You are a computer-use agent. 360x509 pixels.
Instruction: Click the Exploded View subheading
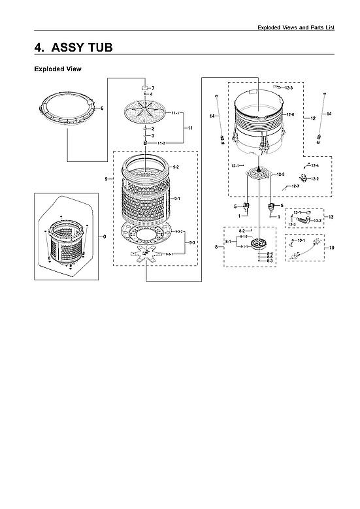57,69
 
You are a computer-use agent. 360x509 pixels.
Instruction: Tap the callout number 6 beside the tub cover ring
102,108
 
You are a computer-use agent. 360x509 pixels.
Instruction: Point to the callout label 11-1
176,114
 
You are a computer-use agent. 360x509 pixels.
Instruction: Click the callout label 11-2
161,142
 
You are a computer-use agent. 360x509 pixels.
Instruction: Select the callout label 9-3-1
169,253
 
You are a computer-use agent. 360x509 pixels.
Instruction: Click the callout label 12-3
288,88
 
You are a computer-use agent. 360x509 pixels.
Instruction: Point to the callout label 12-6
290,115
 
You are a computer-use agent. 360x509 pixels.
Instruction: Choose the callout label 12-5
280,174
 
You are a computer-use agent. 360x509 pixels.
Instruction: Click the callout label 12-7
295,188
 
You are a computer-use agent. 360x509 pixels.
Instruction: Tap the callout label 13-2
318,221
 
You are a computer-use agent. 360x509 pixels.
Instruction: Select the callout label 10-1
303,241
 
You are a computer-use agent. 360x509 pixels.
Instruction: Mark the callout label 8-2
242,231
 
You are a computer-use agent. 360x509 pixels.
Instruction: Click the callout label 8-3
270,261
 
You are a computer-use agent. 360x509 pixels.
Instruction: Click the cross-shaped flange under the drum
146,255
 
